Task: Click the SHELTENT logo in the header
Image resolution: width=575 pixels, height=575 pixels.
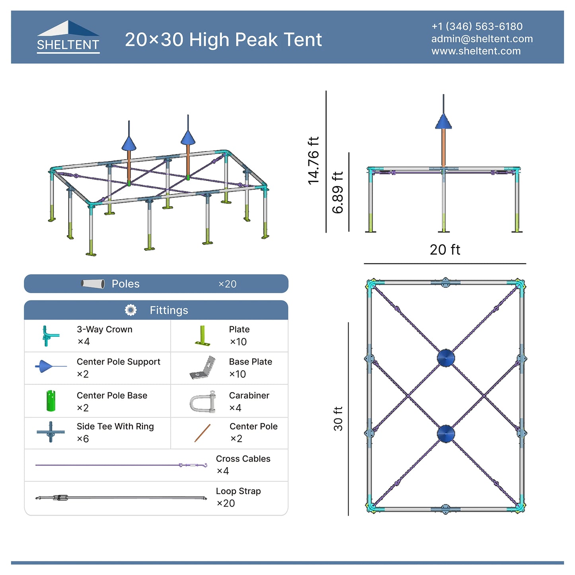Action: coord(68,37)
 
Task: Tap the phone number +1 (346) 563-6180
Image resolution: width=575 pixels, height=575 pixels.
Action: coord(477,26)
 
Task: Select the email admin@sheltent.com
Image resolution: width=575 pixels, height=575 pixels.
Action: coord(482,39)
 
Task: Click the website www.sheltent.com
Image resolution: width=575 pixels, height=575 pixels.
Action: coord(476,51)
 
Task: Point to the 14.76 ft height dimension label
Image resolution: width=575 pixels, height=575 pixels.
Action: coord(314,160)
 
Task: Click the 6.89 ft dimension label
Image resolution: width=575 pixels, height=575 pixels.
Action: coord(337,192)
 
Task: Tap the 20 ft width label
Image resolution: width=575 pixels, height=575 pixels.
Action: coord(445,249)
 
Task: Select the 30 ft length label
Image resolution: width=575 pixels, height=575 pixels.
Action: coord(338,419)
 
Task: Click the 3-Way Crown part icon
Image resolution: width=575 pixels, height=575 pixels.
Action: coord(50,336)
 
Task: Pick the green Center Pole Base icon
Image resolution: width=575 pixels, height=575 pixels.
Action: coord(51,401)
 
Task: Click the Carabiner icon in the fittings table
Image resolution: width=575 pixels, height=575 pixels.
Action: coord(203,402)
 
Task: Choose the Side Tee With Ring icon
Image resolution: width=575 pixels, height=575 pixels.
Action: coord(51,432)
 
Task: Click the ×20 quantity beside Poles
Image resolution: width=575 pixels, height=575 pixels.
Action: coord(227,284)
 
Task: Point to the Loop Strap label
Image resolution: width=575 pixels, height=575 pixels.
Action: coord(238,491)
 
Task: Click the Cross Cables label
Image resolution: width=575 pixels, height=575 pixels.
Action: coord(243,459)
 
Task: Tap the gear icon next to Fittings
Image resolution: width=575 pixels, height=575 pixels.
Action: coord(131,310)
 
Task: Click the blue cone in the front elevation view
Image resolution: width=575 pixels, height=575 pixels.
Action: coord(443,122)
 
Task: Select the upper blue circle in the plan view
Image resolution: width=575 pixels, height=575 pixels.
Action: coord(446,358)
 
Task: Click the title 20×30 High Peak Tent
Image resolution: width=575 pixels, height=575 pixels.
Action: coord(223,39)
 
